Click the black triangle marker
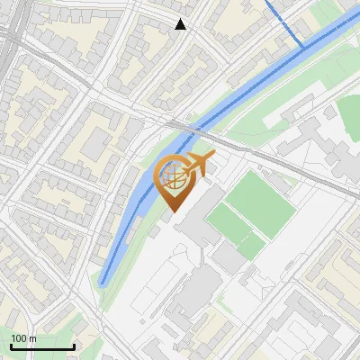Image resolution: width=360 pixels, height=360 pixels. pyautogui.click(x=181, y=24)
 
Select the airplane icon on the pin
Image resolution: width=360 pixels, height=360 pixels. pyautogui.click(x=196, y=166)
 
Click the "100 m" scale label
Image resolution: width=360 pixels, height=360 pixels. pyautogui.click(x=24, y=338)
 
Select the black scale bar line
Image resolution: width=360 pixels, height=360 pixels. pyautogui.click(x=42, y=346)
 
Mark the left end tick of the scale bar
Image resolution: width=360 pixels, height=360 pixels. pyautogui.click(x=11, y=345)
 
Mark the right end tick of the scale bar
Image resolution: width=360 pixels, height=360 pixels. pyautogui.click(x=74, y=345)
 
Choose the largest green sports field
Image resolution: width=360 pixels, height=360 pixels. pyautogui.click(x=261, y=203)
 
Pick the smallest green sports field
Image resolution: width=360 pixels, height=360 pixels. pyautogui.click(x=252, y=245)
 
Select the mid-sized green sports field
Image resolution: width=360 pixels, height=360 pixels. pyautogui.click(x=225, y=221)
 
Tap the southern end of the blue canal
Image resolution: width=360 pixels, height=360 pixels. pyautogui.click(x=103, y=281)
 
